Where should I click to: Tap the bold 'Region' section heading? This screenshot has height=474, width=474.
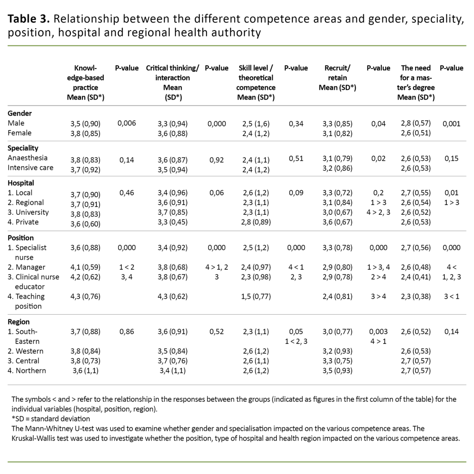(x=19, y=322)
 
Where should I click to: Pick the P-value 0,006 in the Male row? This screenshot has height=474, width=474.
(x=127, y=124)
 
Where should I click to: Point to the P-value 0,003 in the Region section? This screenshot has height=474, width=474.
(x=378, y=331)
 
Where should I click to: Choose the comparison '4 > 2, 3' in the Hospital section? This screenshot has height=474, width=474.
(x=378, y=212)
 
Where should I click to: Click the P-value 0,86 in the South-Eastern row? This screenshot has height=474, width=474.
(x=127, y=331)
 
